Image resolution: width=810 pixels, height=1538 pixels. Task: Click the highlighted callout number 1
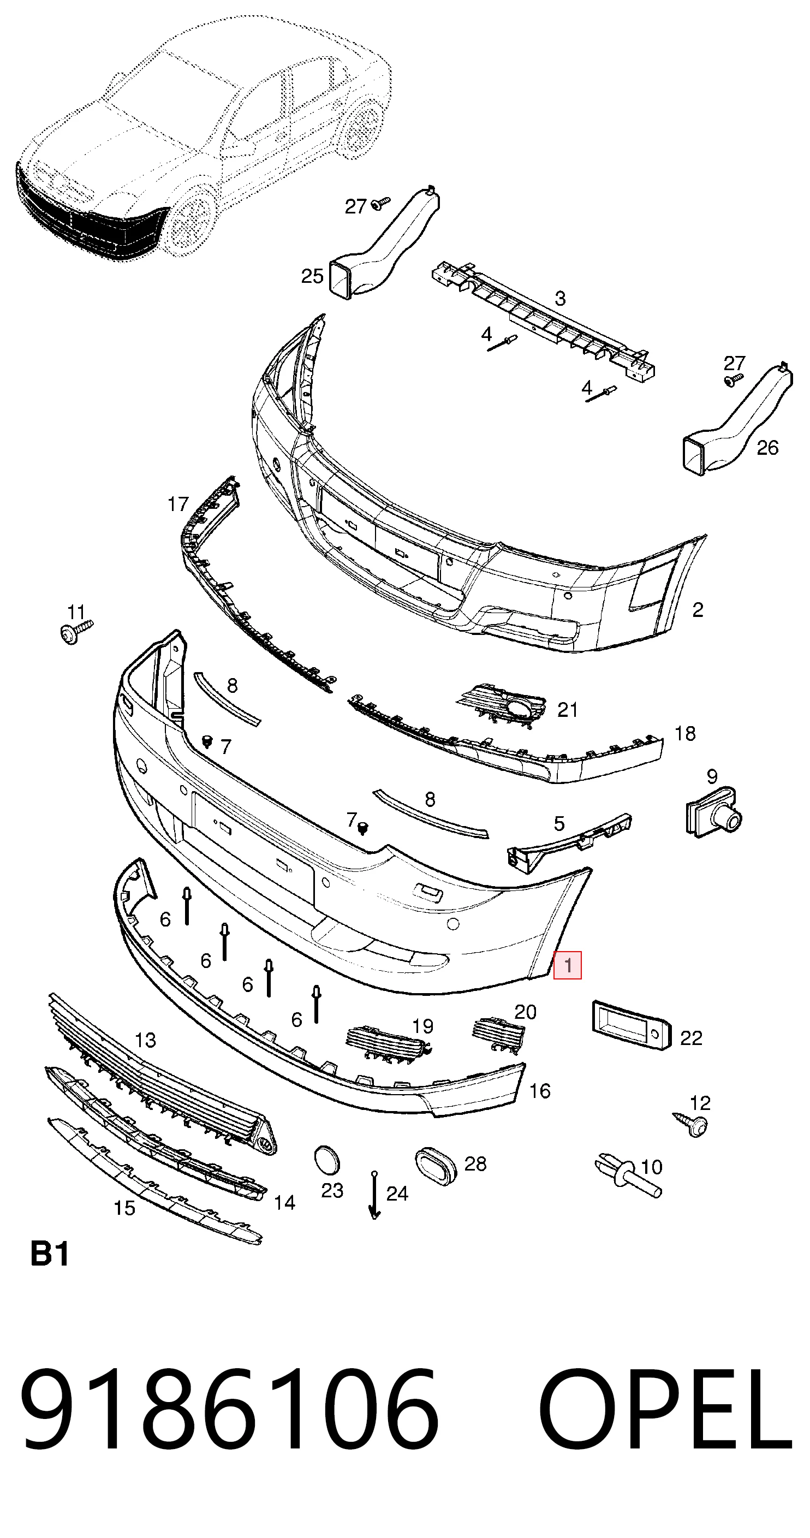pyautogui.click(x=567, y=965)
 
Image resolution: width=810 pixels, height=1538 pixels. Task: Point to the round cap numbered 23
pyautogui.click(x=326, y=1160)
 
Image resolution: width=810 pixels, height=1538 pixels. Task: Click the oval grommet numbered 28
pyautogui.click(x=436, y=1166)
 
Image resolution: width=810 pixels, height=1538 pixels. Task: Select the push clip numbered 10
pyautogui.click(x=627, y=1175)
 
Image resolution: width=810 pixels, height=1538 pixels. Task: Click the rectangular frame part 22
pyautogui.click(x=631, y=1026)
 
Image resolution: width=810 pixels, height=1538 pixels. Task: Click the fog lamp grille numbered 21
pyautogui.click(x=503, y=705)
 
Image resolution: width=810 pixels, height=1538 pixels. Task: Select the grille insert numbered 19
pyautogui.click(x=388, y=1044)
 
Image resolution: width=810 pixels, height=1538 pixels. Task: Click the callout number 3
pyautogui.click(x=560, y=298)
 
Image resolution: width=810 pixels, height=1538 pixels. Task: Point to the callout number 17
pyautogui.click(x=178, y=504)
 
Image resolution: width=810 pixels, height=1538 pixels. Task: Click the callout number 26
pyautogui.click(x=767, y=448)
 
